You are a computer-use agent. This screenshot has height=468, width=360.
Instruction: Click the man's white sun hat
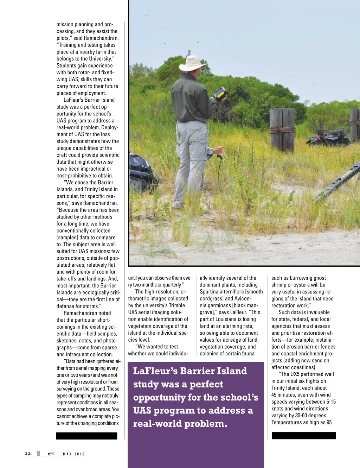click(192, 63)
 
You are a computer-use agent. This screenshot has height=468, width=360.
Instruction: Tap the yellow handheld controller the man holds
click(221, 94)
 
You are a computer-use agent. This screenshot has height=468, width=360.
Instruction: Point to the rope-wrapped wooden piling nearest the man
click(282, 129)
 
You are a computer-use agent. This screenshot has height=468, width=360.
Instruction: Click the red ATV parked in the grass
click(327, 138)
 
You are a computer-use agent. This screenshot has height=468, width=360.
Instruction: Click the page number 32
click(28, 454)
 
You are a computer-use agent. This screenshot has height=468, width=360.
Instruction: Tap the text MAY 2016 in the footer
click(74, 454)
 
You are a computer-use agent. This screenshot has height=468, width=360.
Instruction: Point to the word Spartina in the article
click(210, 292)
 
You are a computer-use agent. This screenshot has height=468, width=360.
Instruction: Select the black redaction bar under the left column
click(86, 436)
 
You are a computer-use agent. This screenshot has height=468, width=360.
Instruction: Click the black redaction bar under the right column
click(304, 436)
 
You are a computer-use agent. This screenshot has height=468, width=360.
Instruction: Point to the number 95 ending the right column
click(329, 422)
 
